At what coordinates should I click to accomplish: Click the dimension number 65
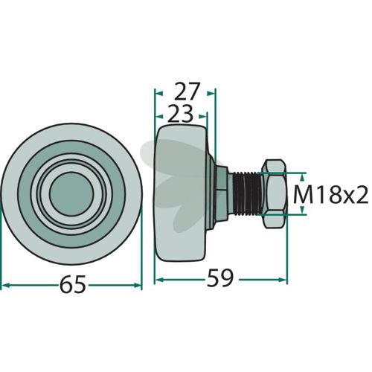point(73,285)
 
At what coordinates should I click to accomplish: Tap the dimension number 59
point(220,278)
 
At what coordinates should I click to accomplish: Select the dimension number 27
point(187,91)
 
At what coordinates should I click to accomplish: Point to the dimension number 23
point(180,114)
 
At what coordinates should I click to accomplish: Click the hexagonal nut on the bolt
point(275,193)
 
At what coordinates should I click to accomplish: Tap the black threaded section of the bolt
point(247,193)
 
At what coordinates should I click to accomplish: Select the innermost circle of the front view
point(71,194)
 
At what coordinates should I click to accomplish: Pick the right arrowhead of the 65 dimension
point(138,285)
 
